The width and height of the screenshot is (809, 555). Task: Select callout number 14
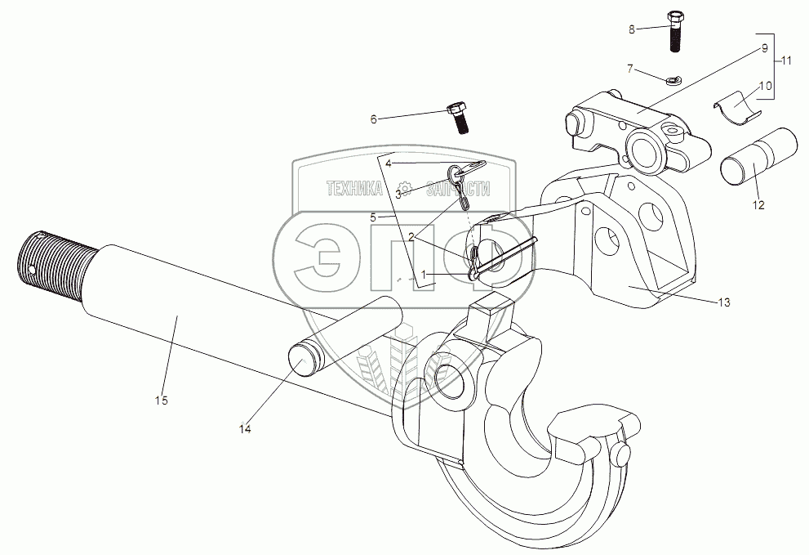(245, 427)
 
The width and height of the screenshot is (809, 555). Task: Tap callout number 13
(724, 302)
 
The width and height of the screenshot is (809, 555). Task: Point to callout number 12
(758, 205)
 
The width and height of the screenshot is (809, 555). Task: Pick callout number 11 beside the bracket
(786, 61)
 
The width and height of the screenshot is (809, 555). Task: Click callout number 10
(765, 86)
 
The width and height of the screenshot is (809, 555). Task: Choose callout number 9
(765, 48)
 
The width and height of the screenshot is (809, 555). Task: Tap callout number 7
(629, 68)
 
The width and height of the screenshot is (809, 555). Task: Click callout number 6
(374, 119)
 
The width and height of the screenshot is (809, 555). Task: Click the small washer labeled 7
(673, 80)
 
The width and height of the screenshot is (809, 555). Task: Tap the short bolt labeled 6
(459, 119)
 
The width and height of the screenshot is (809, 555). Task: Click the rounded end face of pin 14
(303, 360)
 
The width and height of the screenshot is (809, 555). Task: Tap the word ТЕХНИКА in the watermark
(353, 188)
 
